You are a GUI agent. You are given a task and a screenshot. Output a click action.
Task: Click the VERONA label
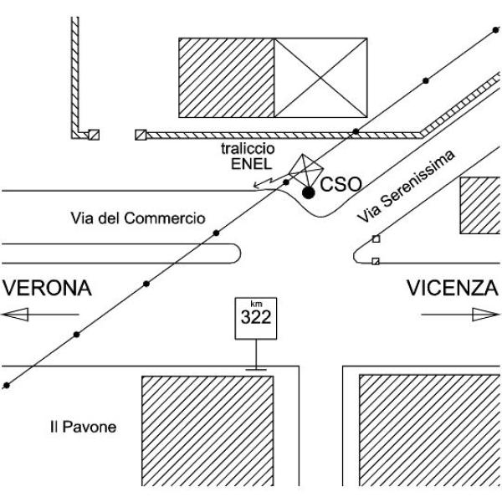click(48, 288)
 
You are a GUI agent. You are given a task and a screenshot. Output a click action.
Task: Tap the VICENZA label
click(453, 288)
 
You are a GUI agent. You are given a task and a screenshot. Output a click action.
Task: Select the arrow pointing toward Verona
click(40, 315)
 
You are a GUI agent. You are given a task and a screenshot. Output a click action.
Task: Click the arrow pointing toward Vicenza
click(460, 315)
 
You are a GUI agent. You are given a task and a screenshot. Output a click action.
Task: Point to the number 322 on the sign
click(256, 317)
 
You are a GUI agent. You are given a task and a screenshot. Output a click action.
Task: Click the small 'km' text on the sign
click(256, 304)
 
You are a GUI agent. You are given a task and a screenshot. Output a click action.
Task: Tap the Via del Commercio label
click(138, 218)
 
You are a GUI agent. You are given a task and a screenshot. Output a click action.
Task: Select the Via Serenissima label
click(406, 186)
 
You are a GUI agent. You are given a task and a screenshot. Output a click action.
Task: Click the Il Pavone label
click(83, 427)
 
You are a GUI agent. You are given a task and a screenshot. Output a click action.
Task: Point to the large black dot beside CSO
click(308, 192)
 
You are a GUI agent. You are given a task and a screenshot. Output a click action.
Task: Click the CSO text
click(341, 184)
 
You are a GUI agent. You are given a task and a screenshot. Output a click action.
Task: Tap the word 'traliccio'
click(248, 149)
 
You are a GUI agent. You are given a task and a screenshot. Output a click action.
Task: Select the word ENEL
click(251, 164)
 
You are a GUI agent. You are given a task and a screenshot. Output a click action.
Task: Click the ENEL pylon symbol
click(305, 171)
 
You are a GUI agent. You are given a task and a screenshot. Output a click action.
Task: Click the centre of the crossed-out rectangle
click(320, 78)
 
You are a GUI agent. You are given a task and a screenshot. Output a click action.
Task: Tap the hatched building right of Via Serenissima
click(480, 205)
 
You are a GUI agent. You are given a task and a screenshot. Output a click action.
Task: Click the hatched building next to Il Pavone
click(207, 431)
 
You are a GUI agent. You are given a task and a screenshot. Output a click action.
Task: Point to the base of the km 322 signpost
click(256, 370)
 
